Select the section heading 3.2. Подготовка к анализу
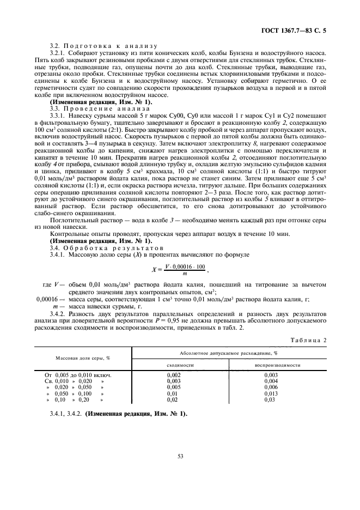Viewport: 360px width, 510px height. coord(103,46)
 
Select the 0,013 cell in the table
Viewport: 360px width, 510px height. coord(271,393)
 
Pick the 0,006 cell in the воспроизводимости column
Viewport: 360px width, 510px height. coord(271,387)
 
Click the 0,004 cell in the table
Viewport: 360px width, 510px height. coord(271,381)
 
